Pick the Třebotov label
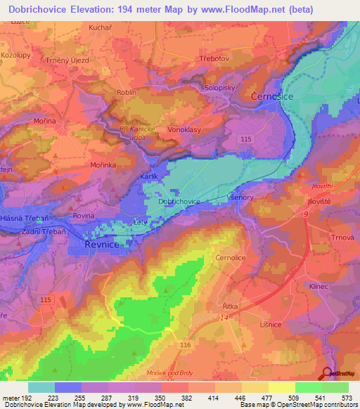(215, 58)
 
